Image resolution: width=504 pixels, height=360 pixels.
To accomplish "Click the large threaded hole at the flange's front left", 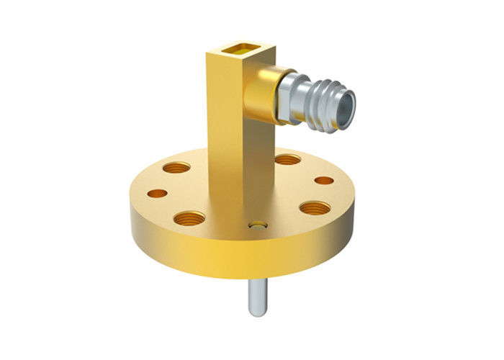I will pos(189,217).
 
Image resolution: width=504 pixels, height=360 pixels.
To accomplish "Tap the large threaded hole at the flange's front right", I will pos(315,209).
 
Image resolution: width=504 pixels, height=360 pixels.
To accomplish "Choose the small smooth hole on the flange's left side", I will pos(156,193).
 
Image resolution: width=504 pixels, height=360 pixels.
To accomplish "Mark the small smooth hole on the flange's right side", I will pos(324,180).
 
